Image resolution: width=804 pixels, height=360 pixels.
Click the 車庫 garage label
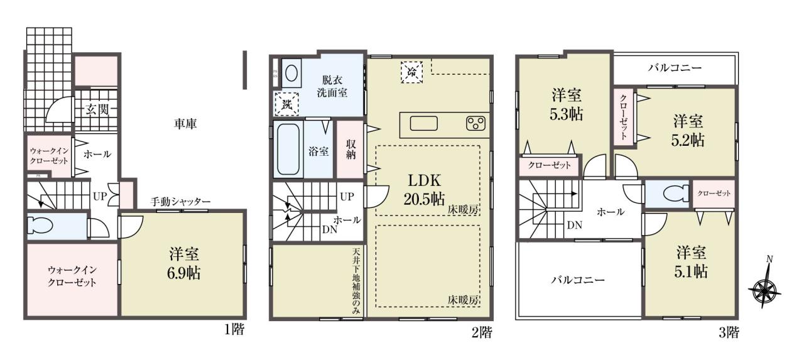click(x=185, y=124)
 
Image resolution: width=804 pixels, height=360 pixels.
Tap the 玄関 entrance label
click(x=97, y=109)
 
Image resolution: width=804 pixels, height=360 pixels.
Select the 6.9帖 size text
click(x=184, y=273)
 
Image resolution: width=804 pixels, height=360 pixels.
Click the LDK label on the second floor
click(x=424, y=180)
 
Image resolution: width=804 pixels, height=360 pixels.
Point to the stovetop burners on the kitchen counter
click(x=475, y=124)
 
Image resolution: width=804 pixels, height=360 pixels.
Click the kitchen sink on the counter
click(x=424, y=124)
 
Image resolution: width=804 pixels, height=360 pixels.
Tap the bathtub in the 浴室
click(x=288, y=150)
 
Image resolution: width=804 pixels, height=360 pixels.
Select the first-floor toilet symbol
click(x=40, y=226)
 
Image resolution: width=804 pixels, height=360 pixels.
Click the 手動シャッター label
click(x=180, y=202)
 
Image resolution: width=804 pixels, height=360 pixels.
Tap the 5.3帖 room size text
click(x=566, y=114)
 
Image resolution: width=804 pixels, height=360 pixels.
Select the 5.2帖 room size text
click(x=688, y=140)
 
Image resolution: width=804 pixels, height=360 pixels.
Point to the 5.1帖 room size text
click(x=691, y=271)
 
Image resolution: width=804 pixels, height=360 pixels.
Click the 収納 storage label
click(x=350, y=150)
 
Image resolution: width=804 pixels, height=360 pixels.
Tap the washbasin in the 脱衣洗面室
click(x=291, y=74)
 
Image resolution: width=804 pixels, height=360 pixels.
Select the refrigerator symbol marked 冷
click(x=411, y=72)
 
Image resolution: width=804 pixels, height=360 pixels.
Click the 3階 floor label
click(x=728, y=333)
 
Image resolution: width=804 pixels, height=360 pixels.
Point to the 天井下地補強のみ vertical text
click(x=356, y=281)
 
